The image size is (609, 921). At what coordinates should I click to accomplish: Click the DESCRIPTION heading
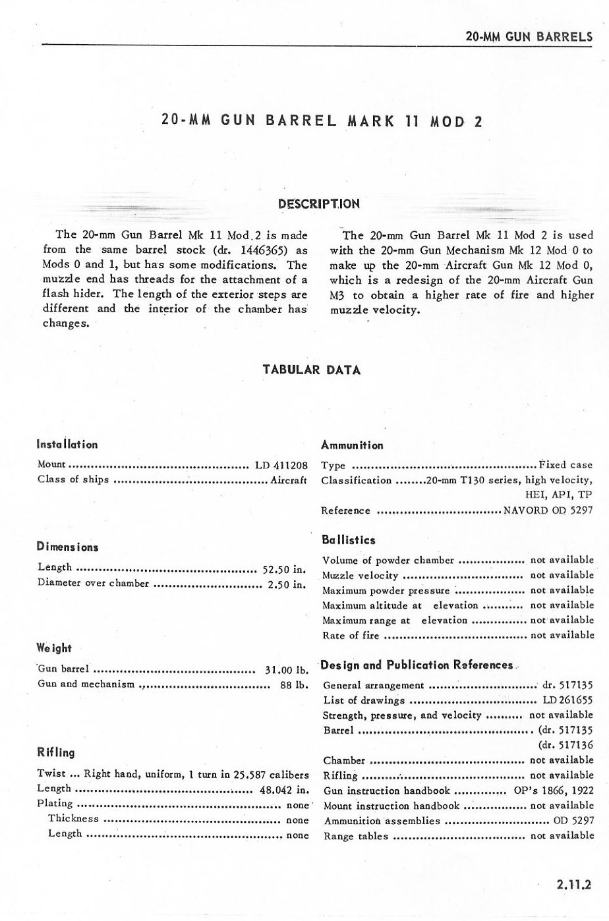pos(319,204)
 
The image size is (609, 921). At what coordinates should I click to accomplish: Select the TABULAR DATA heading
pos(312,370)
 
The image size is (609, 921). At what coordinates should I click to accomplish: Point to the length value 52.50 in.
pos(285,569)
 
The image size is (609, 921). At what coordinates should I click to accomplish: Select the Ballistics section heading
pos(349,540)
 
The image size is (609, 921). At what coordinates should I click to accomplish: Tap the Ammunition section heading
pos(352,445)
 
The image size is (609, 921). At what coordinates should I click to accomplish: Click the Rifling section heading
pos(56,752)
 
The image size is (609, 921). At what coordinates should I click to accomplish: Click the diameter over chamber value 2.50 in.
pos(286,584)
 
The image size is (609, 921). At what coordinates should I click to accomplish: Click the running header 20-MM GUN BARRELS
pos(528,36)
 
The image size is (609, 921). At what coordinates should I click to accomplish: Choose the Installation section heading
pos(68,445)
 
